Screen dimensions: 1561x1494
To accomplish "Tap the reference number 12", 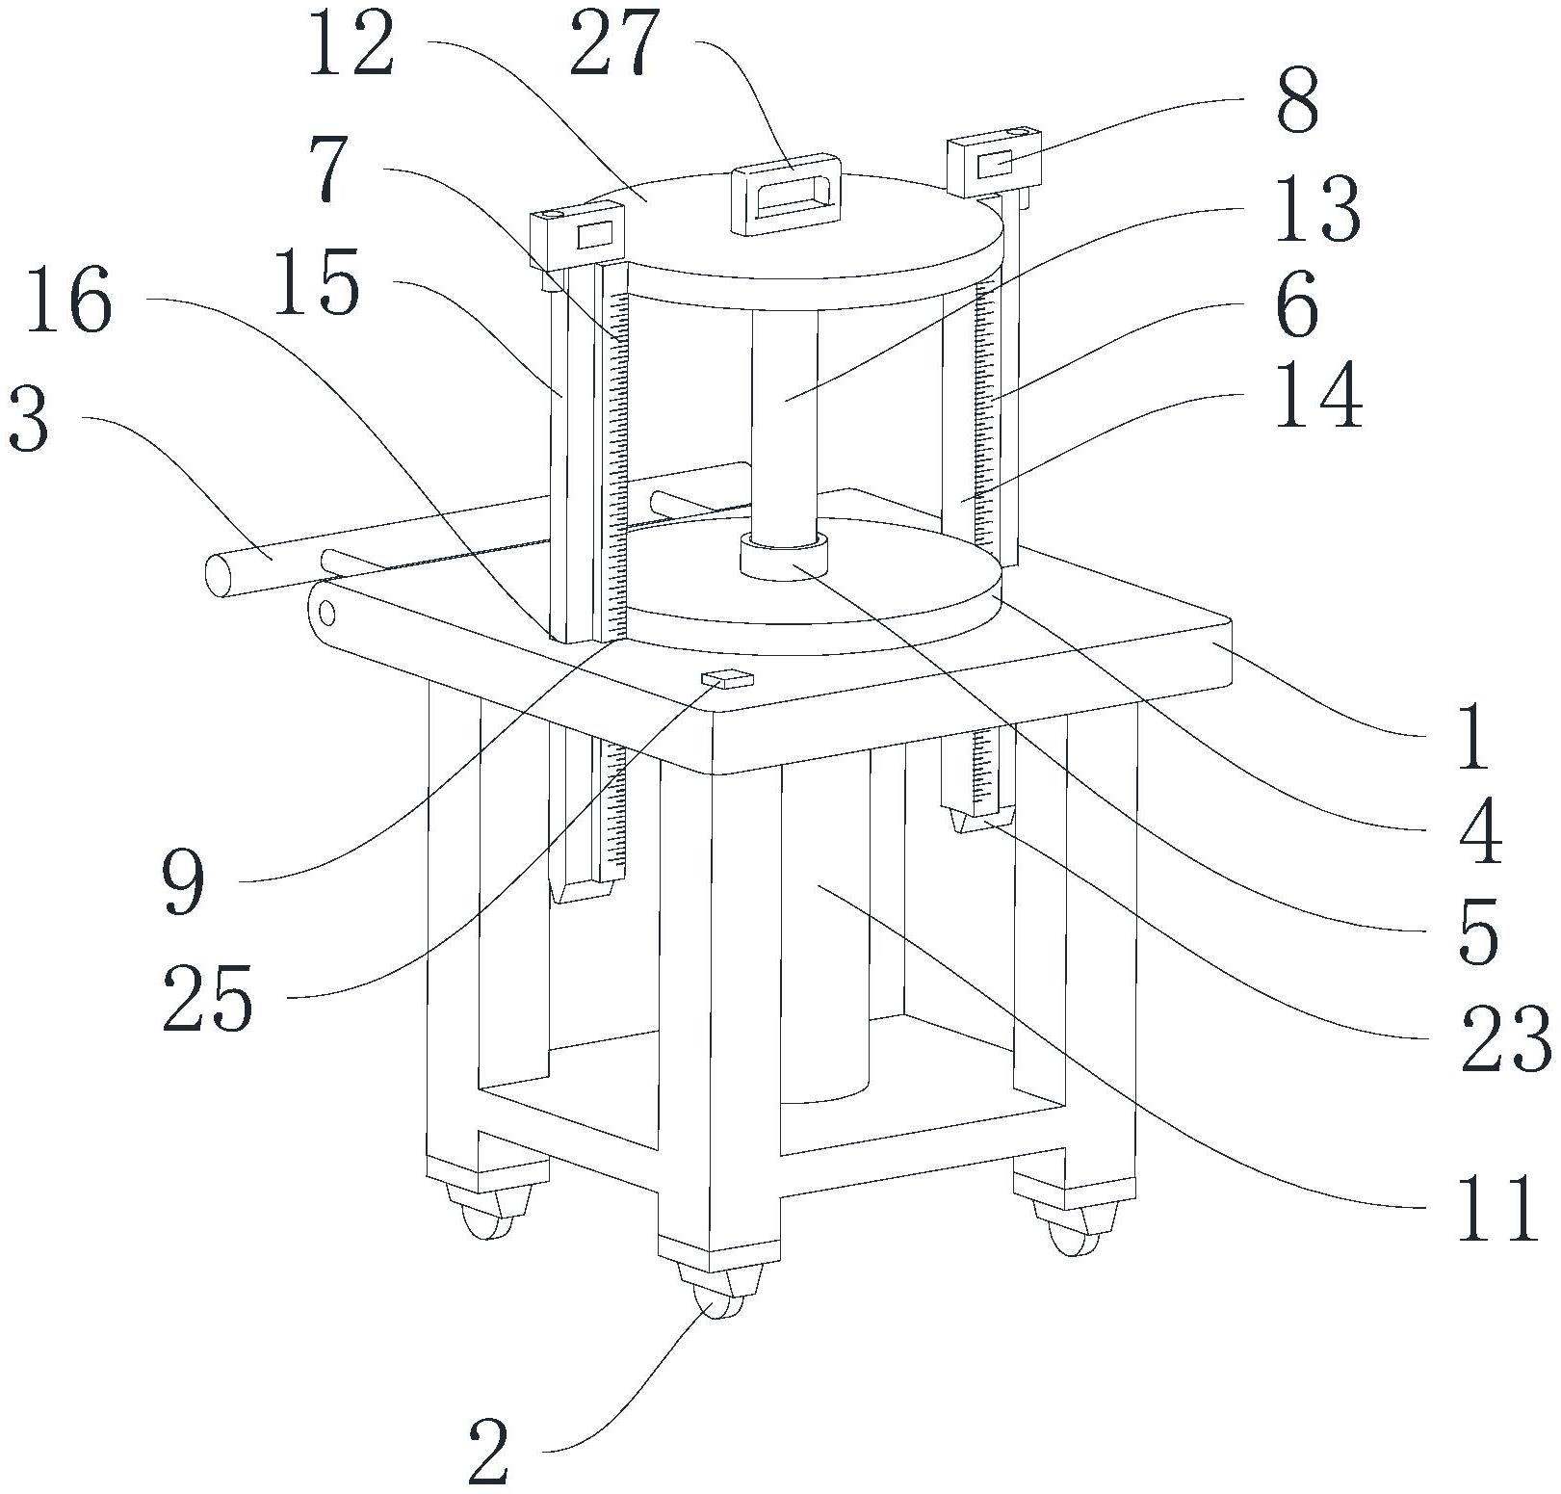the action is [x=351, y=43].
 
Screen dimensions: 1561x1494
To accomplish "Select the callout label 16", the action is [x=69, y=301].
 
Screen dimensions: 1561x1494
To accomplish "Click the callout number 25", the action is [x=208, y=999].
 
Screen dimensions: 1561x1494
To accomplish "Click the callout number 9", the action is [x=183, y=882].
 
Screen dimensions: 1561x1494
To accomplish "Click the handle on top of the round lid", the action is [x=787, y=193].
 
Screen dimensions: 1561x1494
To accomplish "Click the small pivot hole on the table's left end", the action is [x=327, y=613].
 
